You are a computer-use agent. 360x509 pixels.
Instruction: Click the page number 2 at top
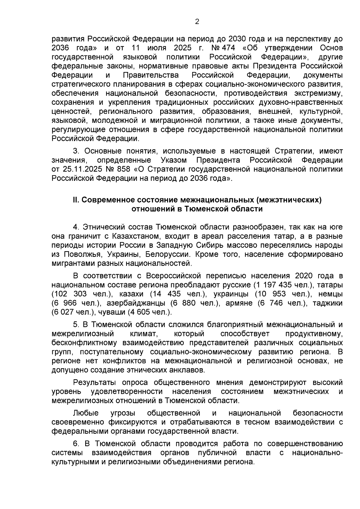[197, 22]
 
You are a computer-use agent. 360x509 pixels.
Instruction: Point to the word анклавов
[187, 370]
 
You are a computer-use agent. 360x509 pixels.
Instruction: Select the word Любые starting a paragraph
[86, 413]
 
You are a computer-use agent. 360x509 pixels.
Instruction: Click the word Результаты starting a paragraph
[95, 382]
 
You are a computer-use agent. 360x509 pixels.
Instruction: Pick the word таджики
[328, 303]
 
